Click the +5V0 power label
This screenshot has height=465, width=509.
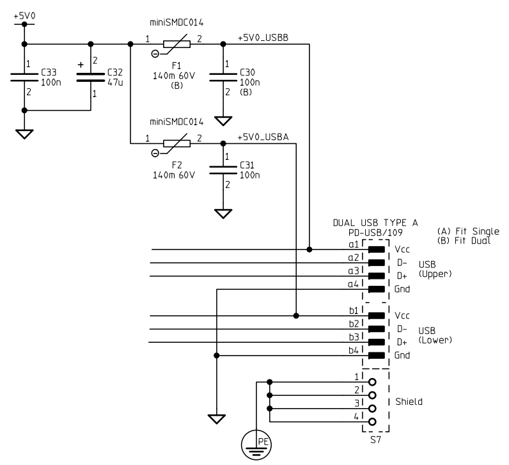point(24,14)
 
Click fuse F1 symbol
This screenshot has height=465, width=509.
point(176,45)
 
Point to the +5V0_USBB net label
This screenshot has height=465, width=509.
point(263,38)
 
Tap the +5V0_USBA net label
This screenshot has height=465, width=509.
point(263,137)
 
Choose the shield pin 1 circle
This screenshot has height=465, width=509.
point(371,382)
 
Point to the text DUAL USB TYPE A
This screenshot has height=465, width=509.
point(375,223)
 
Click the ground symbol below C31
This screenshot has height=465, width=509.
point(223,213)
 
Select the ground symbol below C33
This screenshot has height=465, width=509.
point(24,134)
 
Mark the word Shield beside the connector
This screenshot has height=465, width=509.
point(409,402)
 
